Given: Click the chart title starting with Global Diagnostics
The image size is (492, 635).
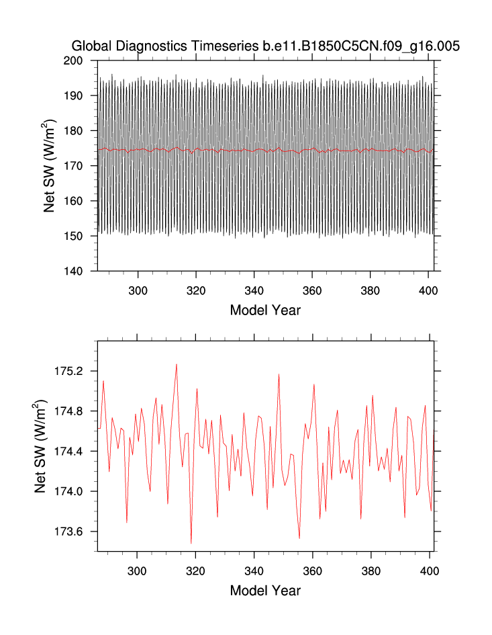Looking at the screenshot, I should [x=266, y=46].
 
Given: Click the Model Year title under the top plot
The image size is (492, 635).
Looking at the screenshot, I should [x=265, y=310].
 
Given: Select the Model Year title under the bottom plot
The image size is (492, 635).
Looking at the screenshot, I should [x=265, y=591].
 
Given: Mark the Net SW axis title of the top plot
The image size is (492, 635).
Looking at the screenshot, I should [x=49, y=166].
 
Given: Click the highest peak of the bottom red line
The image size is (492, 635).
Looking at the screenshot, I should [x=177, y=364].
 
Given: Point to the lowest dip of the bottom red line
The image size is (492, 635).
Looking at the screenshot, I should [x=191, y=543].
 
